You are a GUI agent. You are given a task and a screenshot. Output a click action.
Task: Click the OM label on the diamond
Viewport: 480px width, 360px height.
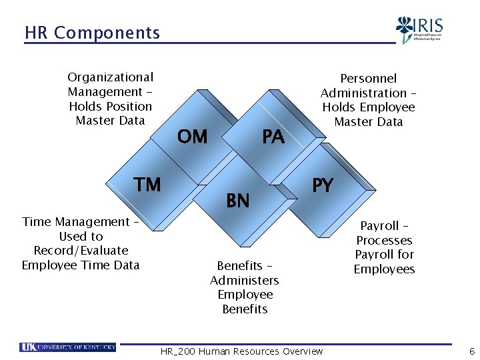(193, 137)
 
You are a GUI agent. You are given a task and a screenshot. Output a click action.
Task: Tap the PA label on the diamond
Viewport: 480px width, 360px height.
(273, 137)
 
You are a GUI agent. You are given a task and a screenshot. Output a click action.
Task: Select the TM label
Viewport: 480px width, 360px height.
(147, 184)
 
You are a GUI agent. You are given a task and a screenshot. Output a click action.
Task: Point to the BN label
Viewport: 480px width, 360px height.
(238, 200)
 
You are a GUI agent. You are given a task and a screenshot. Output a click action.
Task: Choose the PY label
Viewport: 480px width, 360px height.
(323, 185)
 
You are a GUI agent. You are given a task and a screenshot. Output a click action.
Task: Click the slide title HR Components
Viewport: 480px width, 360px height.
(92, 33)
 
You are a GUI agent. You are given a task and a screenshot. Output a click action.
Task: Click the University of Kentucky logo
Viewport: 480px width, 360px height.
(68, 347)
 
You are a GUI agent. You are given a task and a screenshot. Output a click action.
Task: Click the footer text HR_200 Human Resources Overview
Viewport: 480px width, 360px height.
(242, 351)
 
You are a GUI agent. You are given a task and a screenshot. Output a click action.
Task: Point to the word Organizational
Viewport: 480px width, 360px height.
(110, 77)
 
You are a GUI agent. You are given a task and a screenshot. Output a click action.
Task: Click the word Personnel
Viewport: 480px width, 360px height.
(368, 79)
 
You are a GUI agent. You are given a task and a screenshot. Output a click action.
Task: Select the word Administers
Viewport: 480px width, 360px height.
(245, 280)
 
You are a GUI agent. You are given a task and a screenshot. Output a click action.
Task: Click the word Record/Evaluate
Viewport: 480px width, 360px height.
(81, 251)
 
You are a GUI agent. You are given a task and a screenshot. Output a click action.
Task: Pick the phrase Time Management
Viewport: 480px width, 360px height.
(76, 222)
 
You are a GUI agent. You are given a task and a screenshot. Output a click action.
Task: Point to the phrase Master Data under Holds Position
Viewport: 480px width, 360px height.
(110, 121)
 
